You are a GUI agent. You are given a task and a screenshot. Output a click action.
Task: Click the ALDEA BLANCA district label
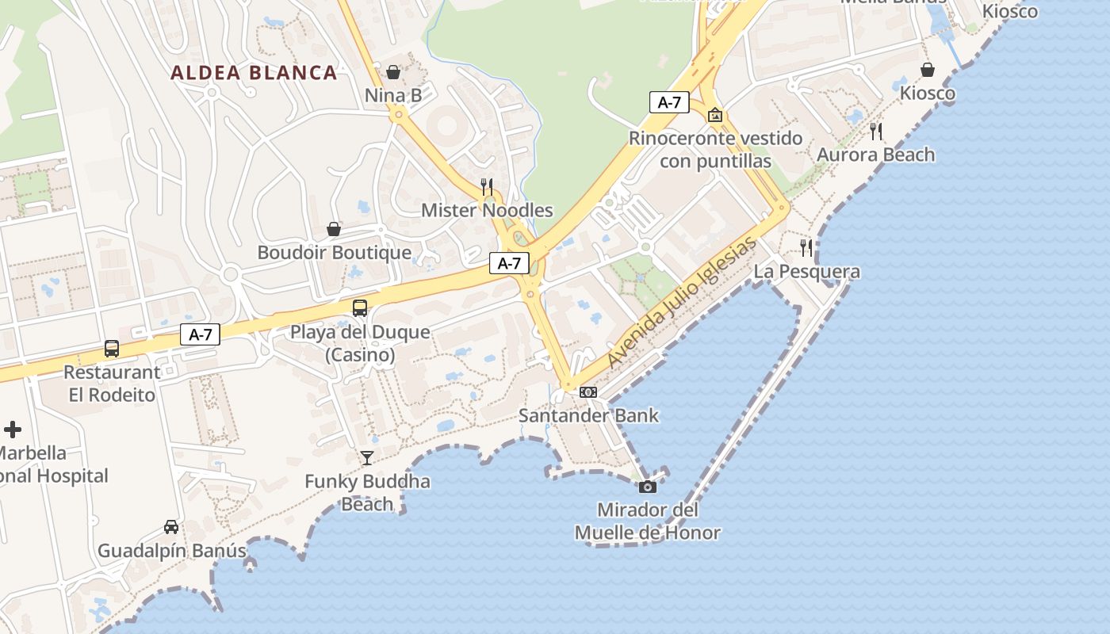coord(254,73)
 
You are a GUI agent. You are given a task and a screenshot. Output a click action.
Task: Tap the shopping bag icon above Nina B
coord(393,73)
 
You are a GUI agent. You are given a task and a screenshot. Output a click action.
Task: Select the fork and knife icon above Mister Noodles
coord(487,187)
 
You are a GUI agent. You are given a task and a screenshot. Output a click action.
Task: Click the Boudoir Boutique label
coord(335,253)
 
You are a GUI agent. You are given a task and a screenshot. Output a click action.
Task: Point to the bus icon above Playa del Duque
coord(360,308)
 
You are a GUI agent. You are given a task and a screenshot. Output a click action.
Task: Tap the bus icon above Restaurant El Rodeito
coord(112,349)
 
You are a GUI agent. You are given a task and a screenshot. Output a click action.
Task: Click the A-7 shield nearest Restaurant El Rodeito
coord(200,334)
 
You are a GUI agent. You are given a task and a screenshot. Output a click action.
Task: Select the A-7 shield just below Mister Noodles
coord(509,263)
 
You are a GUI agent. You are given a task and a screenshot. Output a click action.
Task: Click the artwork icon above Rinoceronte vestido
coord(715,115)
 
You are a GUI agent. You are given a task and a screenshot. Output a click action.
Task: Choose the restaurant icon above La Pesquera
coord(806,248)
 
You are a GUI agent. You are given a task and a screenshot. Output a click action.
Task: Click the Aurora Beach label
coord(876,155)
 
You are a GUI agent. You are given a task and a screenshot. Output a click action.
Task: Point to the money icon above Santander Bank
coord(588,392)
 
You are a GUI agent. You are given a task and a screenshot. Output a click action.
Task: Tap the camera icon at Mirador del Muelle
coord(648,487)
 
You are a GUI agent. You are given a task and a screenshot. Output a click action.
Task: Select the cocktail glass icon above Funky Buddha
coord(367,458)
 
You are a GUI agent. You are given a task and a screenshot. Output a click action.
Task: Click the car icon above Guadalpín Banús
coord(171,527)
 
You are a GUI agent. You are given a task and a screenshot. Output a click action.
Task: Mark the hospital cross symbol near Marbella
coord(13,430)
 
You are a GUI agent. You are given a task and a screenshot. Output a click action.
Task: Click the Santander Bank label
coord(588,415)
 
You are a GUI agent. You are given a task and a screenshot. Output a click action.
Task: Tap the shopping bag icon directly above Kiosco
coord(928,71)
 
